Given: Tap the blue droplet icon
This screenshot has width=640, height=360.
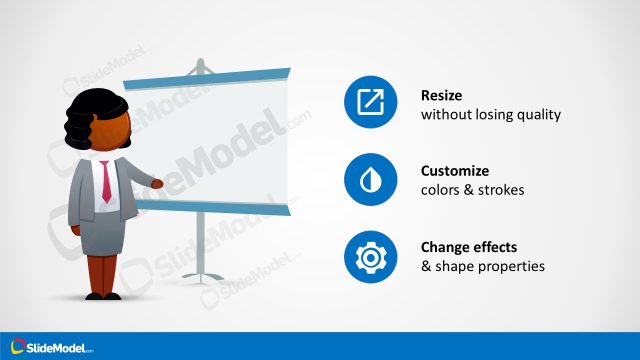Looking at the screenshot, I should [371, 181].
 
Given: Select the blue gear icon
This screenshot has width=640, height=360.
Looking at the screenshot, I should [371, 257].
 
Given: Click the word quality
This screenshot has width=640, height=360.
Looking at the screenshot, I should [538, 115].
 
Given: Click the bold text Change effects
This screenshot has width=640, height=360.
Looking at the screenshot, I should [471, 247].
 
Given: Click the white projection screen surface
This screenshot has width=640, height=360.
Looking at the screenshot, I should [210, 140].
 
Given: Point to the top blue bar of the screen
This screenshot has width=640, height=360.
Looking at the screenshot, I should [205, 75].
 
